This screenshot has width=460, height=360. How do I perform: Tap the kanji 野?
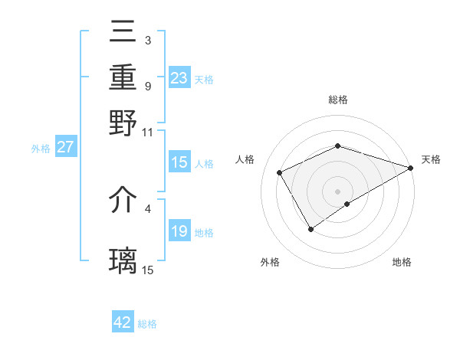(123, 123)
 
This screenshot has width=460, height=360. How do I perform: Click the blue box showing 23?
(179, 78)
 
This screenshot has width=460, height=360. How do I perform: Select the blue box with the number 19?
(179, 231)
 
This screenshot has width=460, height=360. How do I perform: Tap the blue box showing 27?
(66, 147)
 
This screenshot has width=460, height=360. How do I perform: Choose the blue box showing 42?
(123, 322)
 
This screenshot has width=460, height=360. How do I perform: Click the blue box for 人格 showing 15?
(179, 162)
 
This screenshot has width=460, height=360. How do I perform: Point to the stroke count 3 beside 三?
(147, 40)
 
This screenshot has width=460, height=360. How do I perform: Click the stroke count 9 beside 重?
(147, 85)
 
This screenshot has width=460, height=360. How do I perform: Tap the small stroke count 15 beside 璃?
(148, 270)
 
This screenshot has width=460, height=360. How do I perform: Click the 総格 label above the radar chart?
(337, 100)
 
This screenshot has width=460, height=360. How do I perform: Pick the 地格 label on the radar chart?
(402, 262)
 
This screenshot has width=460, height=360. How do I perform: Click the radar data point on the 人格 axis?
(280, 172)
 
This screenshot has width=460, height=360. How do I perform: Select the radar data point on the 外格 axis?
(310, 228)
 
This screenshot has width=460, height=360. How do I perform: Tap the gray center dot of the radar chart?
(337, 191)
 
